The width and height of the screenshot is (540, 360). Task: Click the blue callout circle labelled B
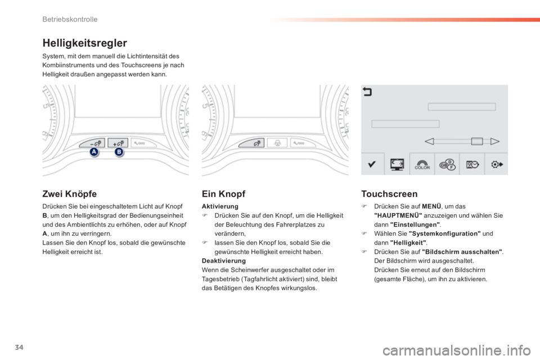[x=119, y=153]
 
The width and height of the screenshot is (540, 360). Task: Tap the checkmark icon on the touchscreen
[x=372, y=164]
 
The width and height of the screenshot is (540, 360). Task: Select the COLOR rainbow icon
[x=422, y=164]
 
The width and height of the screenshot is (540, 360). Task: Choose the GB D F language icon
[x=447, y=164]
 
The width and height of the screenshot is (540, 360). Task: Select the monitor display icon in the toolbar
[x=397, y=164]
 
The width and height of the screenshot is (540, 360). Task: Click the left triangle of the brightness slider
[x=431, y=141]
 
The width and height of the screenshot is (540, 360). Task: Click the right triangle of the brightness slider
[x=495, y=141]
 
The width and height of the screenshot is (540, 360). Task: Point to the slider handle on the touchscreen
[x=476, y=141]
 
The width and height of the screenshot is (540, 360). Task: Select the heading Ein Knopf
[x=223, y=193]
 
